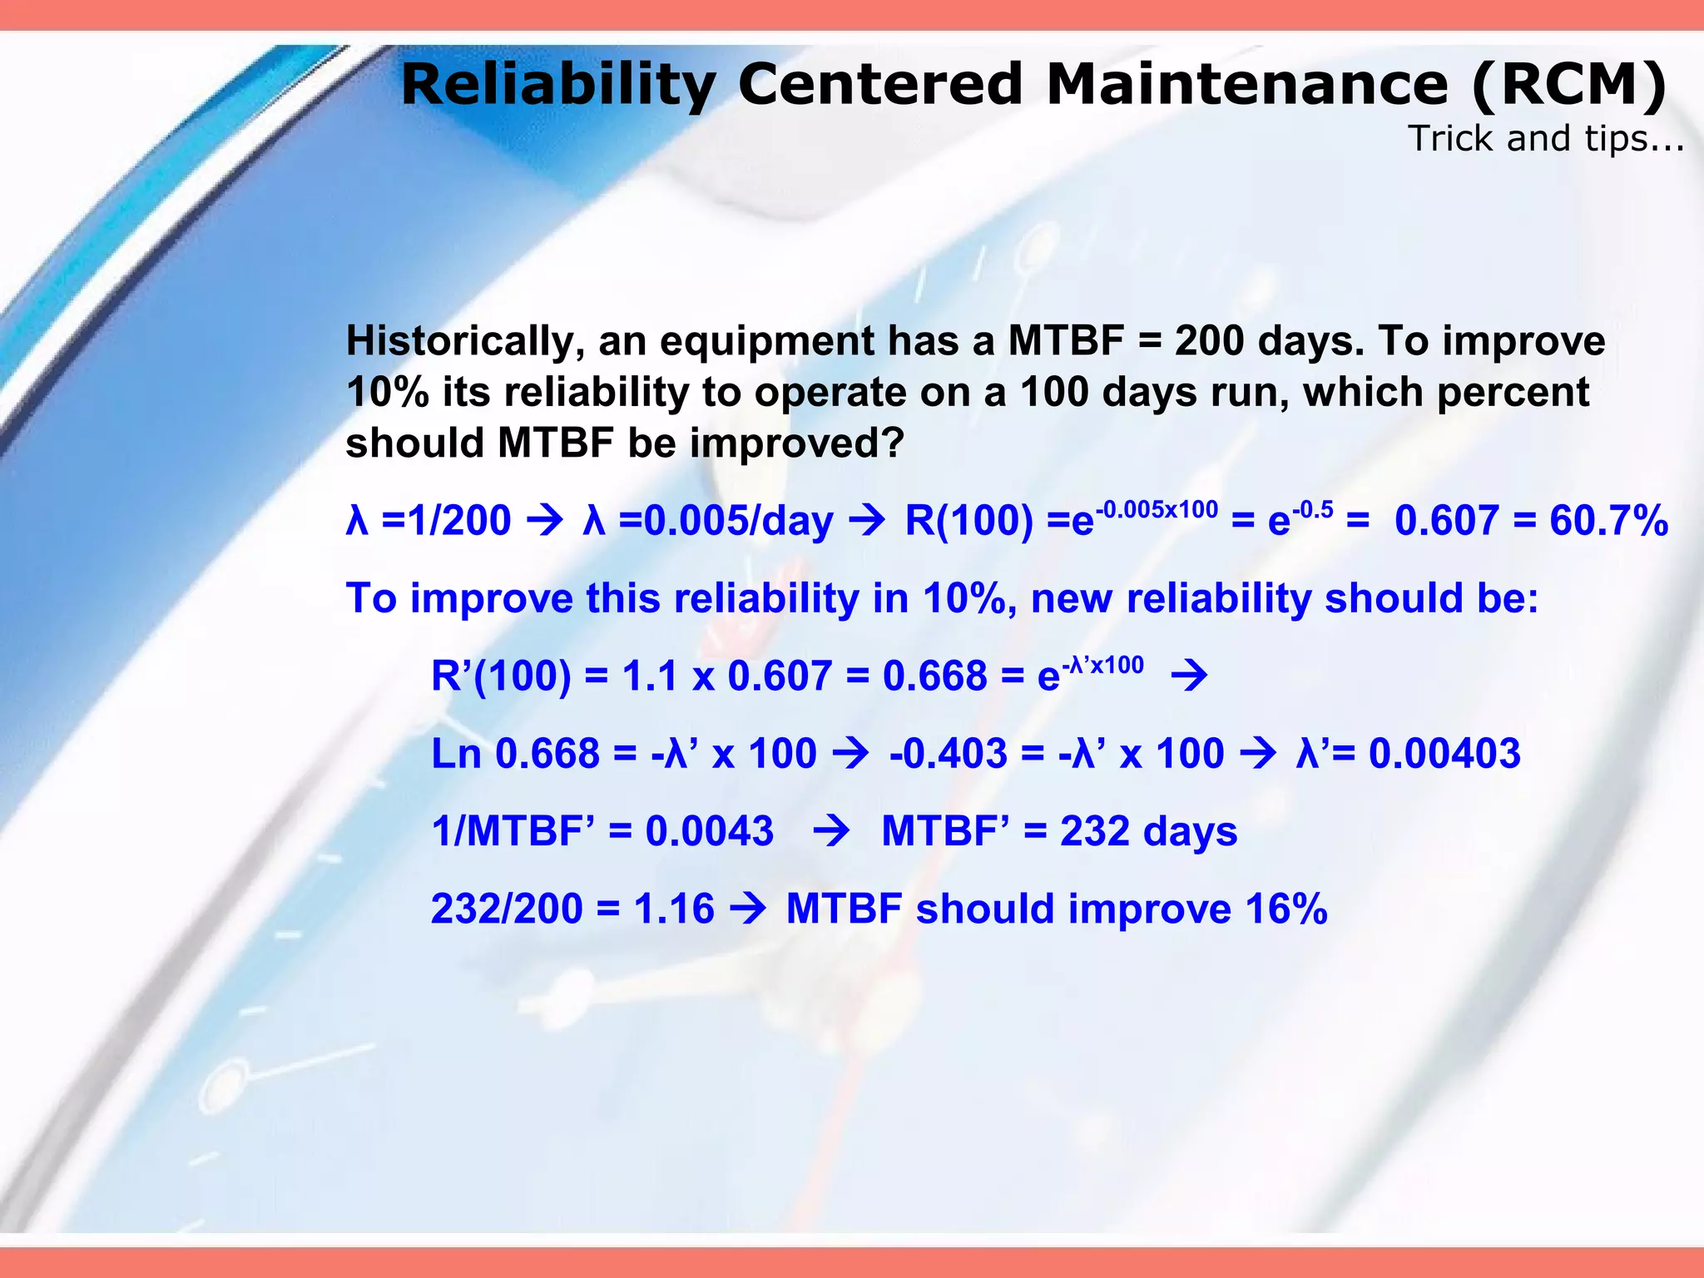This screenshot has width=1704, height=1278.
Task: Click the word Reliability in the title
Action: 557,87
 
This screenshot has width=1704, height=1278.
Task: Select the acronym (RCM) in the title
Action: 1568,87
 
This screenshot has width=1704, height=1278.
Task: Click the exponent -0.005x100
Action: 1157,509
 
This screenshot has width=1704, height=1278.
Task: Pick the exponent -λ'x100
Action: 1103,665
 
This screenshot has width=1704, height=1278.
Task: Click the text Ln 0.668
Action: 515,755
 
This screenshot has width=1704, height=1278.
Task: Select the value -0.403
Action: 948,755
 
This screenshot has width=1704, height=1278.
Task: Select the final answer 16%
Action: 1285,909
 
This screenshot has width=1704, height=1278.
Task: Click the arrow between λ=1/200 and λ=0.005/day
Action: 546,522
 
